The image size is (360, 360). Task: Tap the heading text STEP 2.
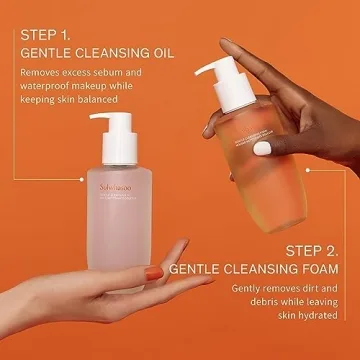pyautogui.click(x=304, y=250)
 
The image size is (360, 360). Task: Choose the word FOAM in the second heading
pyautogui.click(x=324, y=270)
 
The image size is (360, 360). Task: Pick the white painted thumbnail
pyautogui.click(x=261, y=147)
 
